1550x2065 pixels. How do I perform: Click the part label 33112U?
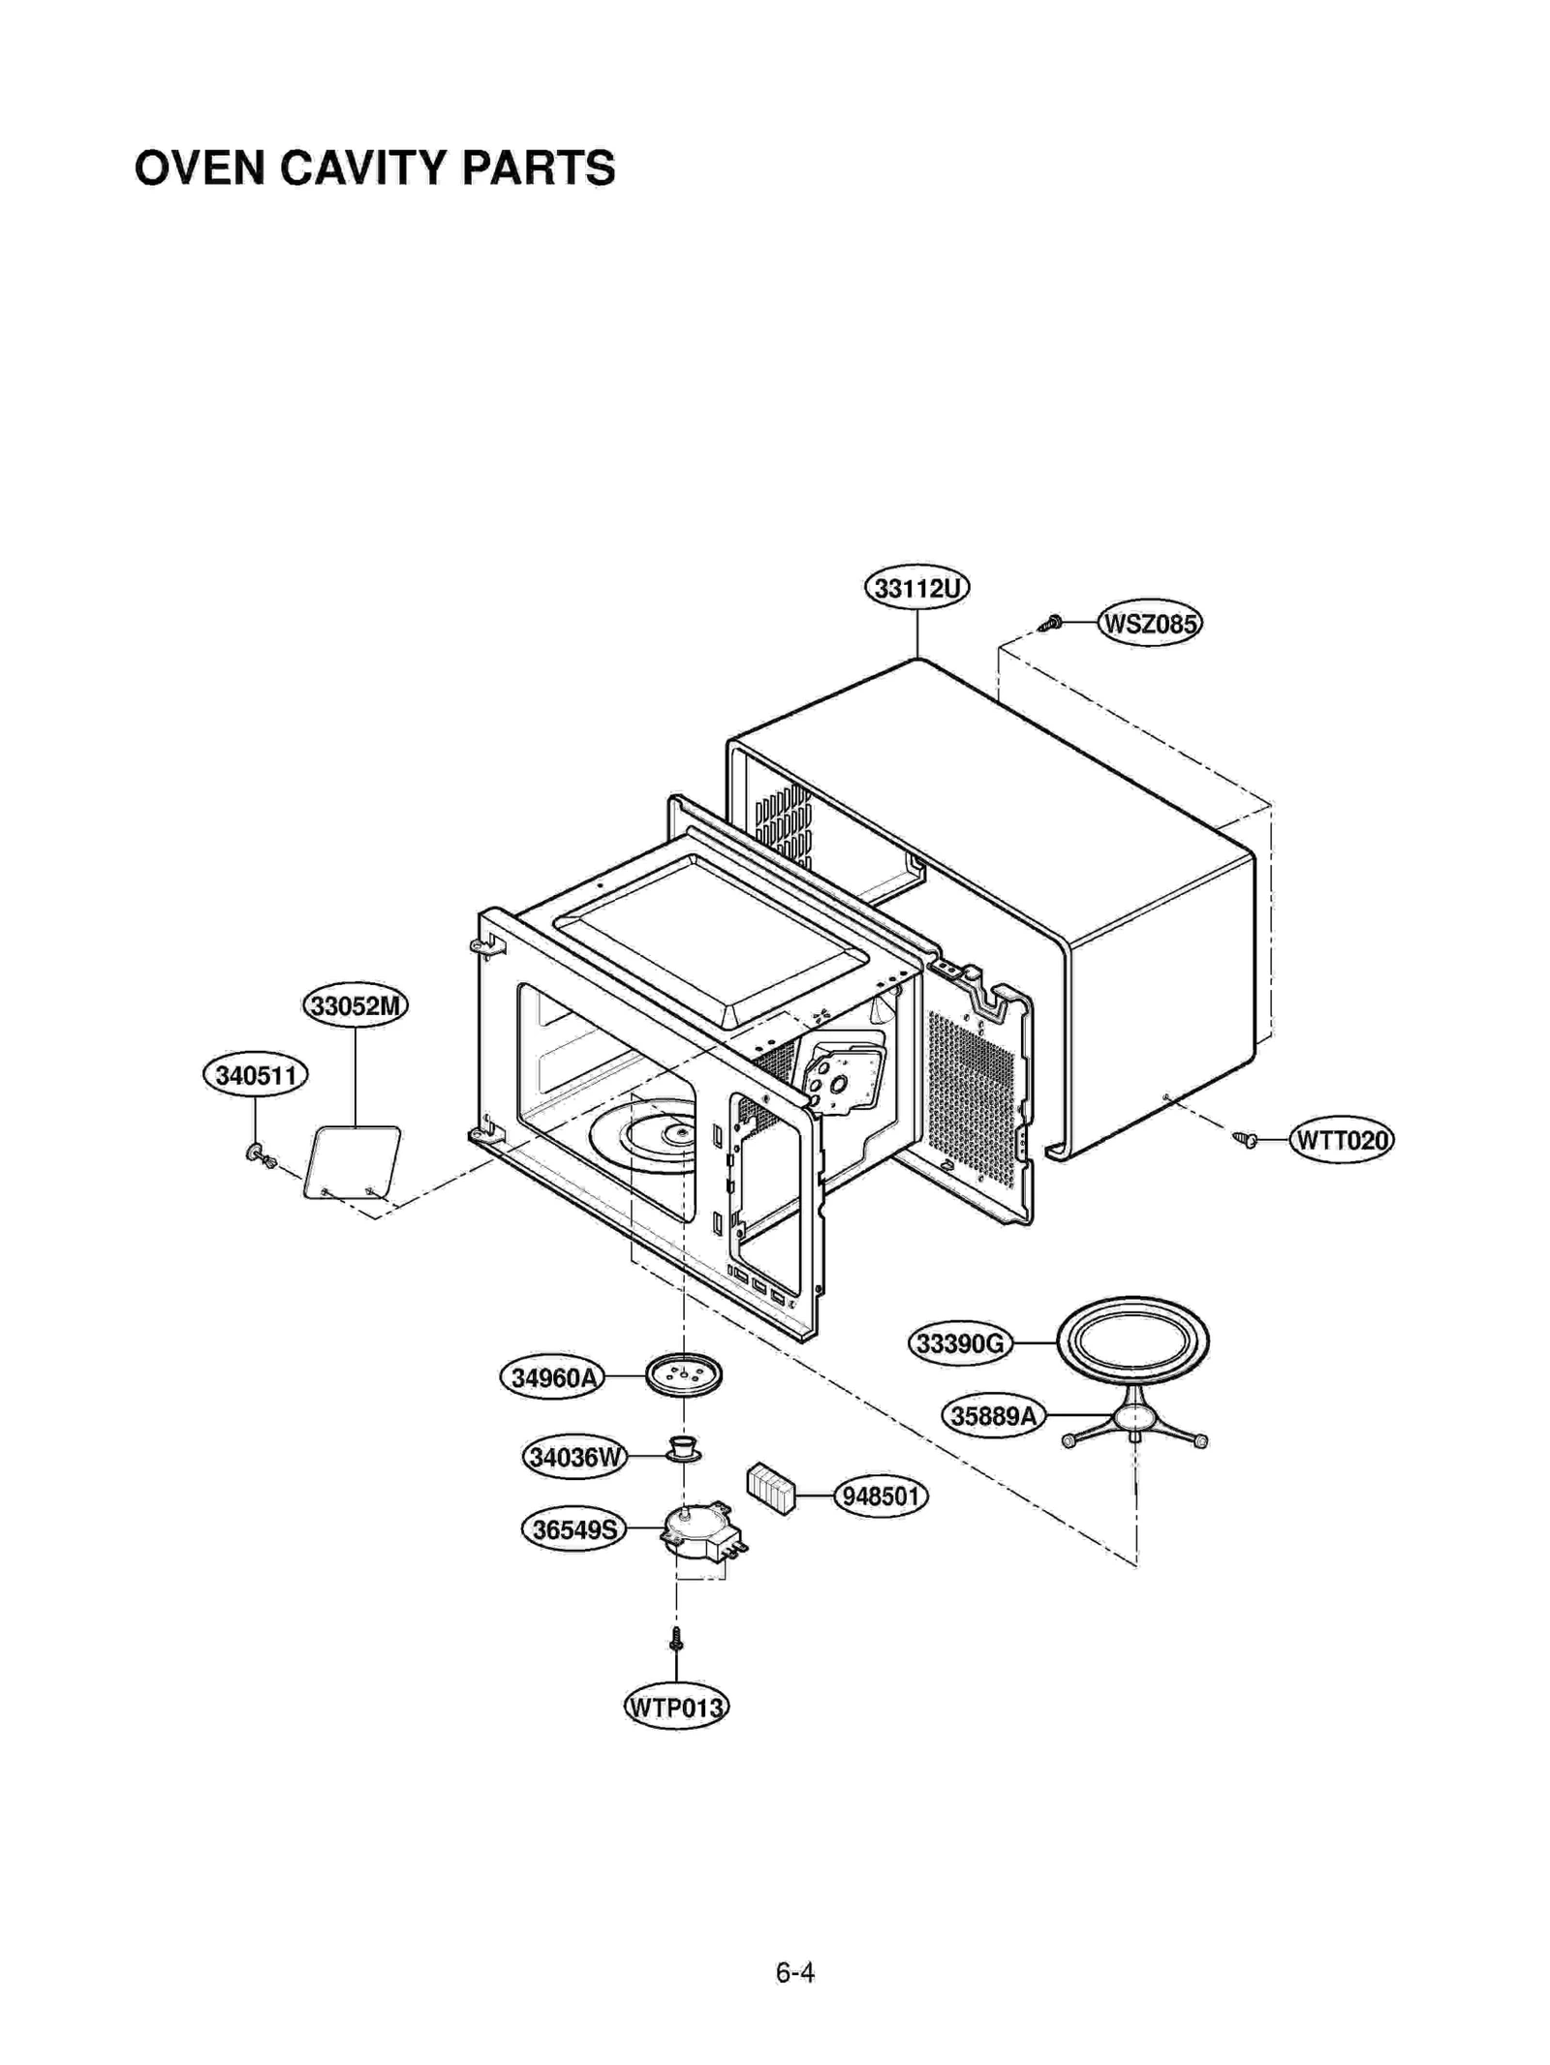coord(915,588)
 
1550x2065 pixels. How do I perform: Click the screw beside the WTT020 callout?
coord(1246,1140)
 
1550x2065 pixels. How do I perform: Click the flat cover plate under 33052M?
coord(353,1160)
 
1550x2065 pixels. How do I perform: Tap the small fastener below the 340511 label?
coord(260,1155)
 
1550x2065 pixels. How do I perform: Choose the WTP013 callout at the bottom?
coord(675,1707)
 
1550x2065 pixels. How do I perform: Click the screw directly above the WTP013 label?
coord(676,1639)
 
